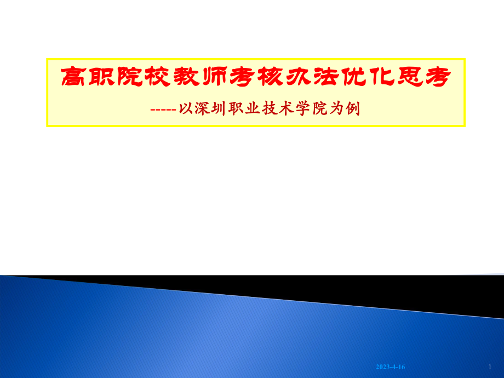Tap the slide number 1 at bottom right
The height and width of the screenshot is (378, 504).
pos(489,366)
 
